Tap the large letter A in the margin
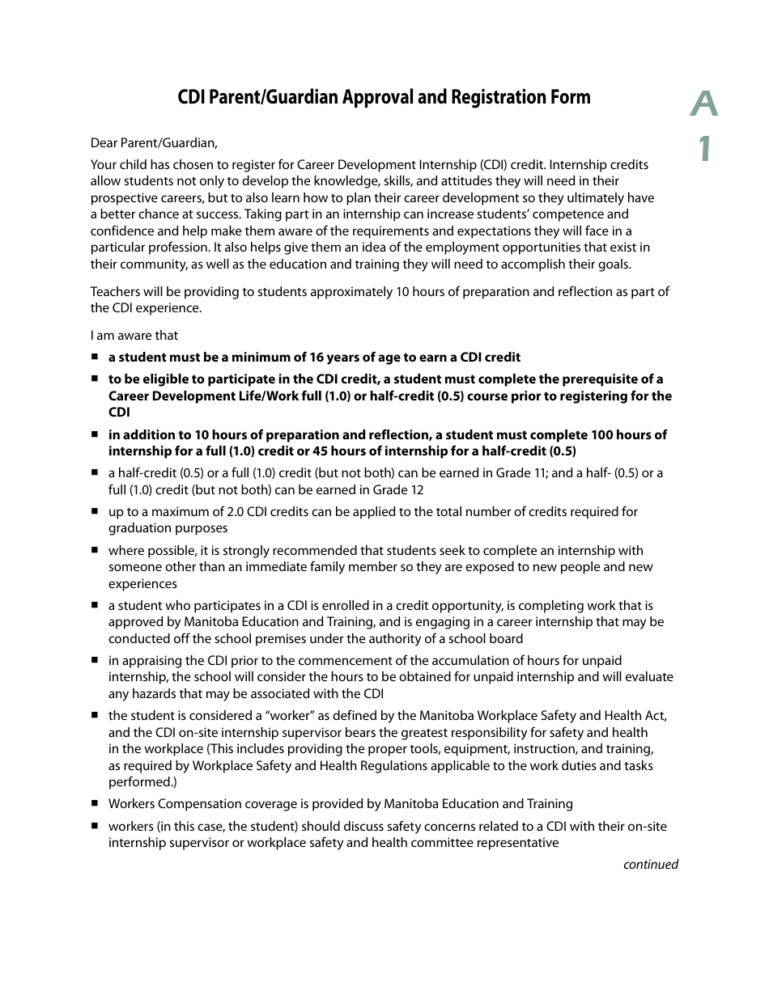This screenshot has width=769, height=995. point(704,104)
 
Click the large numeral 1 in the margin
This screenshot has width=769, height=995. point(706,148)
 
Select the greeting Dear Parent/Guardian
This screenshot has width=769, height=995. point(154,143)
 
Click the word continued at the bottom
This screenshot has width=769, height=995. point(650,865)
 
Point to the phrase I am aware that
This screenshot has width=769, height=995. point(134,335)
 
